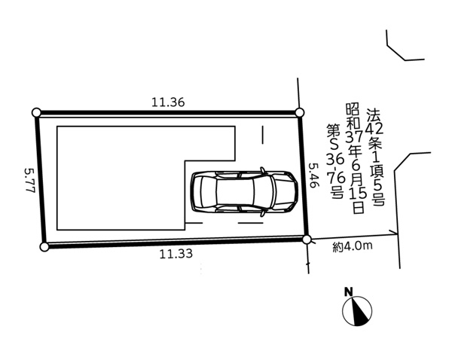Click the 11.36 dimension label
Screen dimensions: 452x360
168,102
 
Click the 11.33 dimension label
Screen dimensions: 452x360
176,254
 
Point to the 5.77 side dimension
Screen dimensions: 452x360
29,181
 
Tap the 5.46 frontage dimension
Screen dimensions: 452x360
313,175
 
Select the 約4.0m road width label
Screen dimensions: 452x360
353,246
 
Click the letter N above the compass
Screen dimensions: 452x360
349,292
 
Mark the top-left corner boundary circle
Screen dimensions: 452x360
37,112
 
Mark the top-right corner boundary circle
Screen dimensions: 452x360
300,112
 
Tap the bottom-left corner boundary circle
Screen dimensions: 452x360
44,247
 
